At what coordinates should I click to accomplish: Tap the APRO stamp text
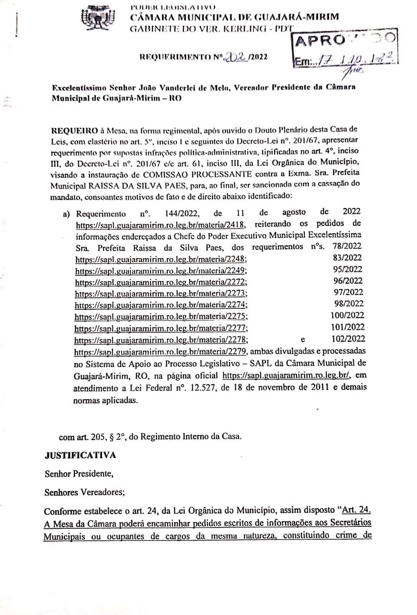coord(321,41)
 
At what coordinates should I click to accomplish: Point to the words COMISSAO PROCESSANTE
coord(197,174)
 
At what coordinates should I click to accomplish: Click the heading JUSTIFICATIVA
coord(80,455)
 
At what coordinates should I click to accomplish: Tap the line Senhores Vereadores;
coord(85,492)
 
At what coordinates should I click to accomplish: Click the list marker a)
coord(66,214)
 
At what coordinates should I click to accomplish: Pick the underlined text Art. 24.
coord(356,510)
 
